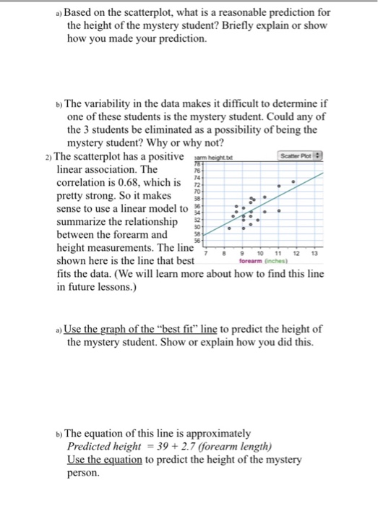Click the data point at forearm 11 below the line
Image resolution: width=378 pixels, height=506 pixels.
(278, 212)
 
